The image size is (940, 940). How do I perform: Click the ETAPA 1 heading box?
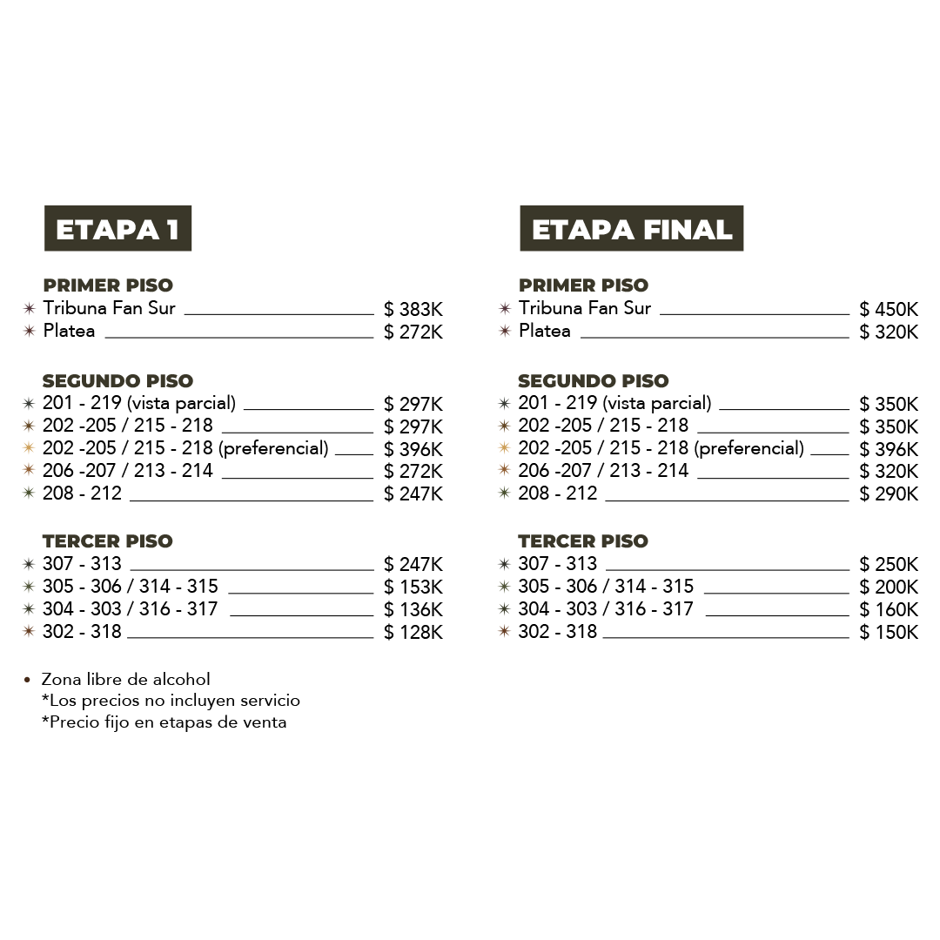[x=117, y=229]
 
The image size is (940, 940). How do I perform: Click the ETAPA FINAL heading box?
[x=632, y=229]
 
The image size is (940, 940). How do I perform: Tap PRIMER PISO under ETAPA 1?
[x=108, y=285]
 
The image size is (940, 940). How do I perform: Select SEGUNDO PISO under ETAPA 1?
[x=117, y=381]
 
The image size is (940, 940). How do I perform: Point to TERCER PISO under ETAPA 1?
[x=108, y=541]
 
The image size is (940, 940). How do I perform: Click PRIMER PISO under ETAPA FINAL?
[x=584, y=285]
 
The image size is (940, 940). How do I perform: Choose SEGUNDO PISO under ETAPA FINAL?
[x=594, y=381]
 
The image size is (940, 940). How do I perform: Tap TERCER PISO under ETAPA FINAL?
[x=584, y=541]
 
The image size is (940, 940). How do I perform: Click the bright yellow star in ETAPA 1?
[x=29, y=448]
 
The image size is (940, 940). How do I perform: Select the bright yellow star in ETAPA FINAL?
[x=504, y=448]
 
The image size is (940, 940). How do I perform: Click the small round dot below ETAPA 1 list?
[x=28, y=680]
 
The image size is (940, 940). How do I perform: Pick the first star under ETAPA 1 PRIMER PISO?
[x=29, y=308]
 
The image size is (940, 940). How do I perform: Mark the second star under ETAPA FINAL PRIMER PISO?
[x=505, y=331]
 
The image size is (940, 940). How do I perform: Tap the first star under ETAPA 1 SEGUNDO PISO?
[x=29, y=404]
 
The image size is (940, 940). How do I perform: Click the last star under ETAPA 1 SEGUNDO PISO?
[x=29, y=493]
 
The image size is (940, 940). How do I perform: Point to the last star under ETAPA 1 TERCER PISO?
[x=29, y=631]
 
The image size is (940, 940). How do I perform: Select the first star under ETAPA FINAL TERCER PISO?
[x=504, y=564]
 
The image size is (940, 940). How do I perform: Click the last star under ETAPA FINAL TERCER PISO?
[x=504, y=631]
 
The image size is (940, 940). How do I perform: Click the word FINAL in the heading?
[x=688, y=230]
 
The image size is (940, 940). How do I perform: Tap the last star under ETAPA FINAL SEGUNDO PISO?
[x=504, y=493]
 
